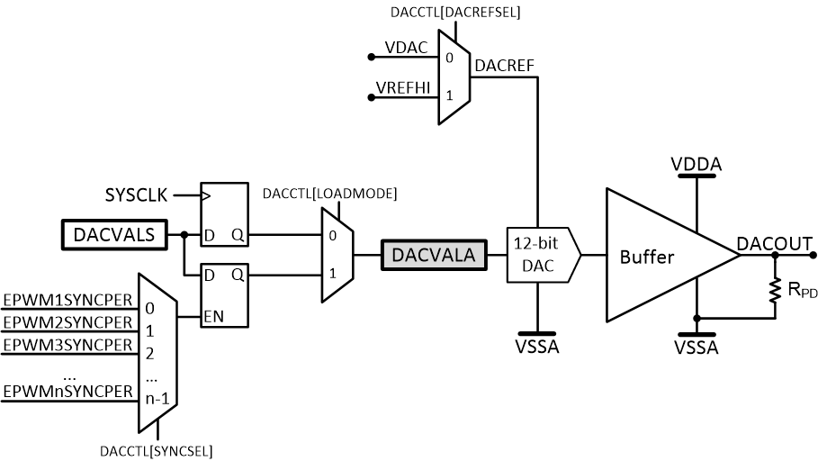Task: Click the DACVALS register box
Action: tap(114, 235)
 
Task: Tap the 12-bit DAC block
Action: tap(539, 255)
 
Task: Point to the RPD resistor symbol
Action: tap(774, 290)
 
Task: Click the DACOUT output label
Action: tap(774, 243)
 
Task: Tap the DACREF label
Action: tap(506, 65)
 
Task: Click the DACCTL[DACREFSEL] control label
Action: tap(456, 13)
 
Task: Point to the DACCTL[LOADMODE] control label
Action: tap(329, 194)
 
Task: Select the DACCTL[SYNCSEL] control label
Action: tap(157, 449)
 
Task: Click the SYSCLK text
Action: tap(137, 194)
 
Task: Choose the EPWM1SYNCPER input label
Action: tap(67, 299)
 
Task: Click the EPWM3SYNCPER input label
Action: tap(67, 344)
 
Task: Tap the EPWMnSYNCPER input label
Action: tap(67, 392)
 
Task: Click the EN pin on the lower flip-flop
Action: tap(214, 317)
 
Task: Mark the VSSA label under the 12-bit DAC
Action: tap(537, 347)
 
